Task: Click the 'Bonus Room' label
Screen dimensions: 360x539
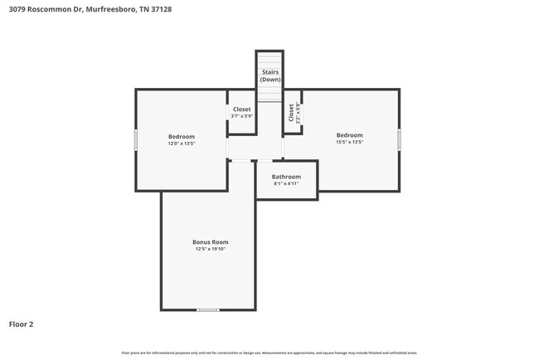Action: [x=211, y=242]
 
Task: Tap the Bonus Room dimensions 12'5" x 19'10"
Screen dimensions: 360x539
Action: [x=211, y=249]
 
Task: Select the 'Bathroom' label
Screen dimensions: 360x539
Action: [x=286, y=177]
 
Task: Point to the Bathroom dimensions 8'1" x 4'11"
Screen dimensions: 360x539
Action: [x=286, y=183]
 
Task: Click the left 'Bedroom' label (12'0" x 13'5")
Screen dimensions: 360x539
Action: [x=182, y=137]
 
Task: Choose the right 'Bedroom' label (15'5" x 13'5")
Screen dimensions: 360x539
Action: [x=349, y=135]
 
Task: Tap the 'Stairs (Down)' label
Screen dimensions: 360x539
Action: [x=270, y=75]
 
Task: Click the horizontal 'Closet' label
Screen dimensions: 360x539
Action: [x=241, y=109]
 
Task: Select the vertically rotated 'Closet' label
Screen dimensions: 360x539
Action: [x=291, y=113]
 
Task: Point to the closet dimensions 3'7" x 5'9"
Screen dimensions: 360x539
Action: [x=241, y=116]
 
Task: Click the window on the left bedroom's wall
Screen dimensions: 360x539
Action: [x=136, y=139]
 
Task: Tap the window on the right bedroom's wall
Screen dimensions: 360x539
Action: [x=399, y=139]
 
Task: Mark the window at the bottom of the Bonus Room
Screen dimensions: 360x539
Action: [x=208, y=310]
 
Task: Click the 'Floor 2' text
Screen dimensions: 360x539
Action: [x=22, y=324]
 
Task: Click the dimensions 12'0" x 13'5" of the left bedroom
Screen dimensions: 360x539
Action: [x=182, y=144]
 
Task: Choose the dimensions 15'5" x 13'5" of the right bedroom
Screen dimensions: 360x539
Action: [x=349, y=142]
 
